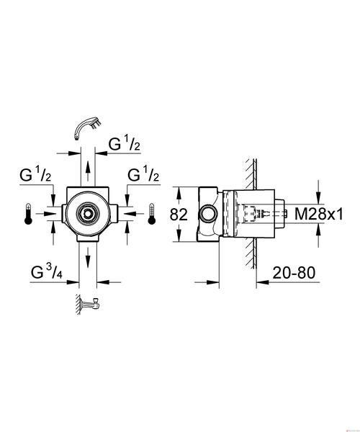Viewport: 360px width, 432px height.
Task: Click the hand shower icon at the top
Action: pos(88,128)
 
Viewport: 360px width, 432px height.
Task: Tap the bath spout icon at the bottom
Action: pos(88,304)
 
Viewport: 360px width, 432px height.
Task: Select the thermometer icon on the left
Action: pos(28,214)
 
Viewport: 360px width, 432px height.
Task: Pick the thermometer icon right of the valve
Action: pos(151,214)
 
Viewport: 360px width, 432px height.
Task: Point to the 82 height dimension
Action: pos(179,215)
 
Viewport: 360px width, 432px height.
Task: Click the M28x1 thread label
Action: pos(319,214)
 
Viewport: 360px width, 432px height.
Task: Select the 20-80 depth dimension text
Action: pos(294,273)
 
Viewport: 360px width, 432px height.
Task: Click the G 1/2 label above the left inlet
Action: pos(35,174)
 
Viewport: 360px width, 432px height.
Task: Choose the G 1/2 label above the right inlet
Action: pos(143,174)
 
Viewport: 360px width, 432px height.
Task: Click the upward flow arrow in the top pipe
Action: pos(88,171)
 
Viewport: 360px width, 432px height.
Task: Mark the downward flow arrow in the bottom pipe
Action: pos(88,258)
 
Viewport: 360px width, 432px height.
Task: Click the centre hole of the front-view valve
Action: pos(88,213)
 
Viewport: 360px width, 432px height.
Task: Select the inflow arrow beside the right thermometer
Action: pos(134,214)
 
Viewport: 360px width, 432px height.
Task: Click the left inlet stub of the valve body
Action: pos(64,214)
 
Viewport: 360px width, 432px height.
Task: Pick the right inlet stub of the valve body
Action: pos(114,214)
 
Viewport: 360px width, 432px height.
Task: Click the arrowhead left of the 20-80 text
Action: pos(263,282)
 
